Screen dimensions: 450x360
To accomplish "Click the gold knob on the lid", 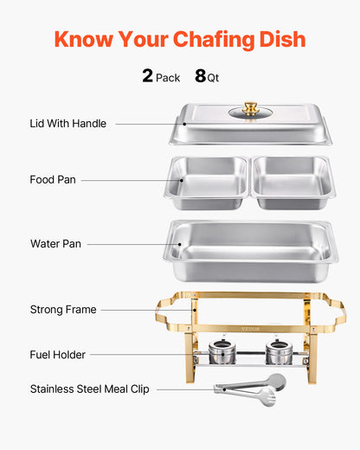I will (251, 108).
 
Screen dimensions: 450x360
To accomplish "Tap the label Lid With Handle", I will (67, 124).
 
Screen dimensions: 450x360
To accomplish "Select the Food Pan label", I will (53, 180).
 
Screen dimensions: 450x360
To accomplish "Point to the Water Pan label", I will (55, 244).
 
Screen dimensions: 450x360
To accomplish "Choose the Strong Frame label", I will (63, 309).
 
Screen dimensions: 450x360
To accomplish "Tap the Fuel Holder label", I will (58, 354).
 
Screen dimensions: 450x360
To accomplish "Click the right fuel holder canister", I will (278, 352).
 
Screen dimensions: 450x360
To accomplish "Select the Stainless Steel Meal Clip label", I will (89, 389).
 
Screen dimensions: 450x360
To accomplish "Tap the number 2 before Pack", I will (147, 76).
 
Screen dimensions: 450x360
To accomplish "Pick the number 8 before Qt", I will (200, 76).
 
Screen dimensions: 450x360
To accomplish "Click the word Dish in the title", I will (281, 40).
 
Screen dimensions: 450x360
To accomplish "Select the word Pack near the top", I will (168, 78).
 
